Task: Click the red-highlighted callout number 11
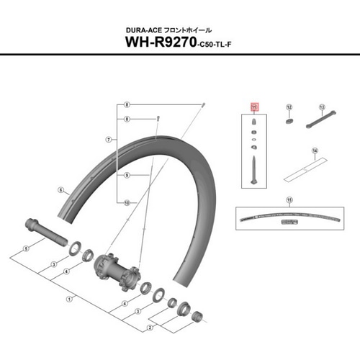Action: pos(253,107)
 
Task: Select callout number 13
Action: pos(322,106)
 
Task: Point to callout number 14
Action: pos(315,151)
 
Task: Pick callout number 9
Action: pos(126,176)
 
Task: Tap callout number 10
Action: pos(126,203)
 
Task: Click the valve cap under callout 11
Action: pos(254,122)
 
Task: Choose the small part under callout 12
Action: pos(288,122)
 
